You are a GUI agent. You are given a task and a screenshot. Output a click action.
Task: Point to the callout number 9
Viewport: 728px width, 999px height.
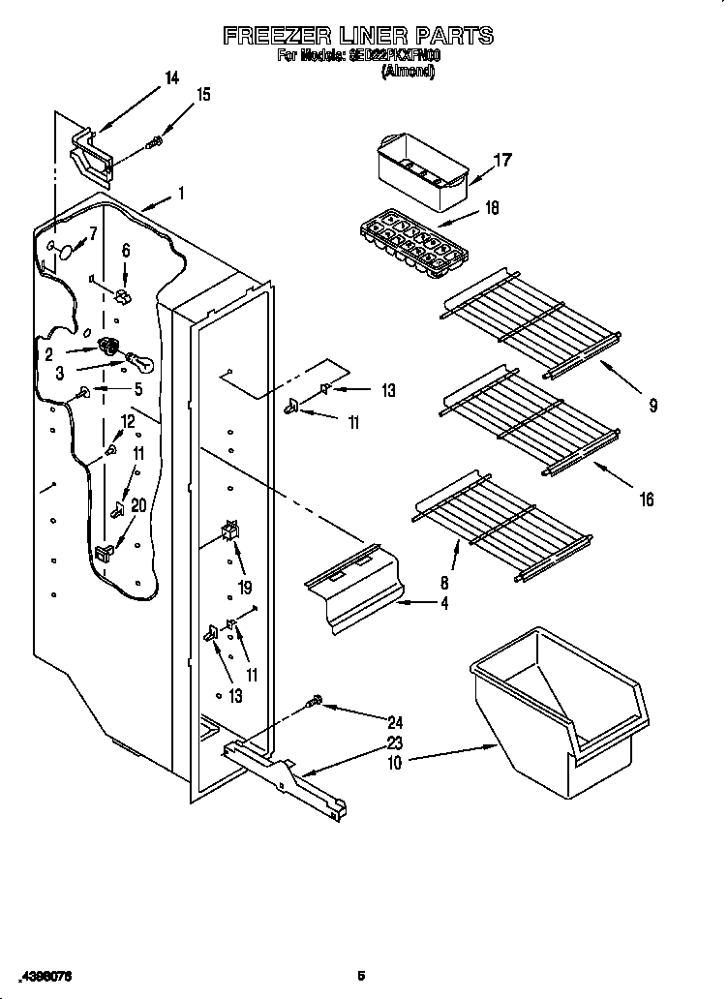[x=652, y=407]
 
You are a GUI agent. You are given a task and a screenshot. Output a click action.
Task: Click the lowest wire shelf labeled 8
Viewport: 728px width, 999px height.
[x=502, y=527]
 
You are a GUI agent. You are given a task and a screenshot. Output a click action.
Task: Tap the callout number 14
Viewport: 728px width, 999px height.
[x=171, y=78]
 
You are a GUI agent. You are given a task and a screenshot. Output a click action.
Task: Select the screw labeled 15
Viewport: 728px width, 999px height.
[x=154, y=142]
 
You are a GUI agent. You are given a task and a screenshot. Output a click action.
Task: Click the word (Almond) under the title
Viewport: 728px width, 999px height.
[x=408, y=71]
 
